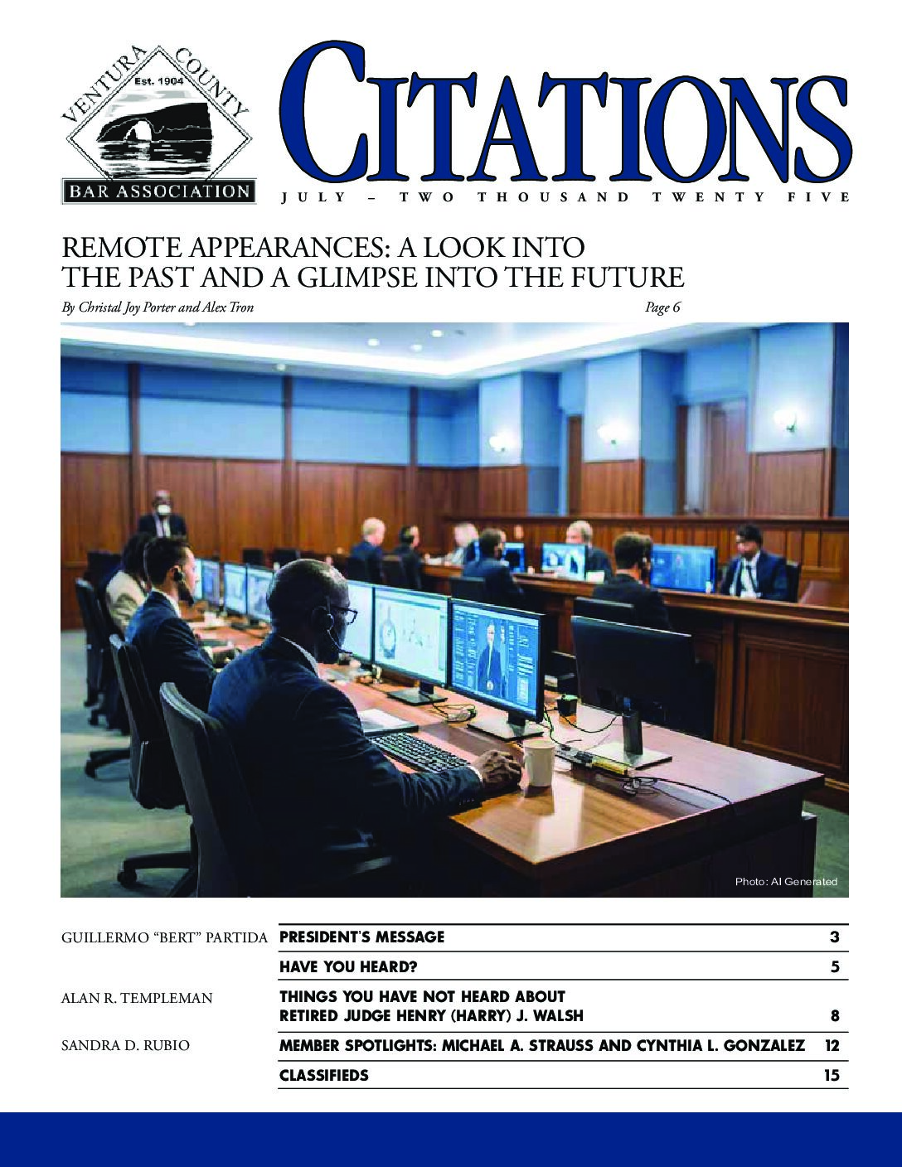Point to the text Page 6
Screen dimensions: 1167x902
coord(662,307)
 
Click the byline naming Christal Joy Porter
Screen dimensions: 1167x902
coord(158,307)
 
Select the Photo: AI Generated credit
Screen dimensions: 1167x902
coord(786,882)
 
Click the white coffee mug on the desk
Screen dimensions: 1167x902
coord(537,761)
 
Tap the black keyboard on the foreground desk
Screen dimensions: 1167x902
coord(419,751)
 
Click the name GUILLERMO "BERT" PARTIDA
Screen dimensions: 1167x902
coord(164,938)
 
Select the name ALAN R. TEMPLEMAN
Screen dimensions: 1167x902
coord(137,999)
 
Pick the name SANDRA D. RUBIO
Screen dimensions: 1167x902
coord(125,1046)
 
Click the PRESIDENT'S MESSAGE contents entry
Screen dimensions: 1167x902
coord(361,937)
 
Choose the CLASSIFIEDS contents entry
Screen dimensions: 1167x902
coord(324,1076)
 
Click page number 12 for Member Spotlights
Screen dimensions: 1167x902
coord(832,1046)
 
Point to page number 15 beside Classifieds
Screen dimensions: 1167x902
coord(832,1076)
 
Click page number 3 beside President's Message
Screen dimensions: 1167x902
coord(835,937)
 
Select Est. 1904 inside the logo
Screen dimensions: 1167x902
coord(158,83)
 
